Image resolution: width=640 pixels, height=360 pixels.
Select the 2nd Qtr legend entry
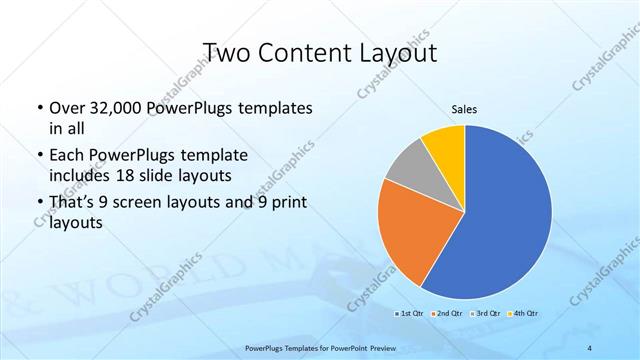(x=447, y=313)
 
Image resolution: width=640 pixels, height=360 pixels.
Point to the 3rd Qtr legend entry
(x=486, y=313)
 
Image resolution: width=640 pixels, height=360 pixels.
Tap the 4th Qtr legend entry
(x=526, y=313)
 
